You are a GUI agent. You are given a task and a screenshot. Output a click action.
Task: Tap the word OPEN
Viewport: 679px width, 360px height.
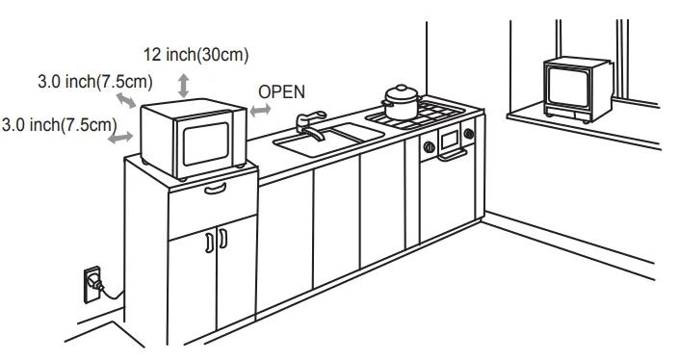pos(281,91)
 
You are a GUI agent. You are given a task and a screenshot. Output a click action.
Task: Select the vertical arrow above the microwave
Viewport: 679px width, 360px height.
pos(183,87)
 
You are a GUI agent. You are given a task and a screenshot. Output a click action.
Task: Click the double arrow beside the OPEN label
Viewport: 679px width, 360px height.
pos(259,112)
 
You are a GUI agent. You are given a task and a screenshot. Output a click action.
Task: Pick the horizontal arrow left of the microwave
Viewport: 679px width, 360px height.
pos(120,139)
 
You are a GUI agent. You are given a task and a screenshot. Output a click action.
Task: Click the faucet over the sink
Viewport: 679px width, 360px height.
pos(305,123)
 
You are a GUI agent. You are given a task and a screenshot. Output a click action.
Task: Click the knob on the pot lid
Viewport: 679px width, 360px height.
pos(400,88)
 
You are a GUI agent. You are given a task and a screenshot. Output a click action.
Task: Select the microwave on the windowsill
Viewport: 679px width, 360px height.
pos(577,90)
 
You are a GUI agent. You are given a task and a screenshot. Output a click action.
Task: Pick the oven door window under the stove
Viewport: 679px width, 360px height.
pos(450,141)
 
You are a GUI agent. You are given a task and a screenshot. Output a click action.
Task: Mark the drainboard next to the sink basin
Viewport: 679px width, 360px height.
pos(353,131)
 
